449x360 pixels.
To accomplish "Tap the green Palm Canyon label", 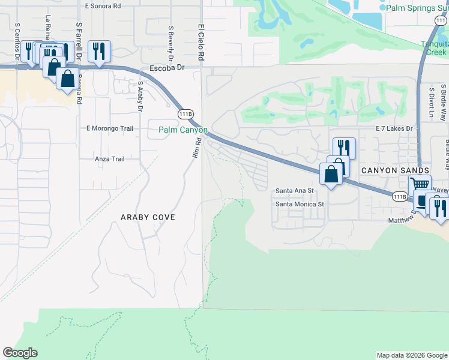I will coord(183,130).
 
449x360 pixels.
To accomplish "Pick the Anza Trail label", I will coord(109,159).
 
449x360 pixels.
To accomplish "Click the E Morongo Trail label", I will coord(110,128).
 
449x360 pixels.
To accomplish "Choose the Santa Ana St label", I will coord(295,191).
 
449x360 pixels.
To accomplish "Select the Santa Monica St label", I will coord(300,204).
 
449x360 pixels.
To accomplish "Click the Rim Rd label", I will coord(195,148).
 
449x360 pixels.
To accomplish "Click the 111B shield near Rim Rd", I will coord(185,113).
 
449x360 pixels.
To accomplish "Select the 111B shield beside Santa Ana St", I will coord(400,196).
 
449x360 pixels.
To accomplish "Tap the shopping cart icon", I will coord(421,185).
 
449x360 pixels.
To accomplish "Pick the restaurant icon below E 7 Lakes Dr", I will coord(344,148).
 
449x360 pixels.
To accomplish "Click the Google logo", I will coord(20,353).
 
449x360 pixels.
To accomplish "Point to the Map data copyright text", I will coord(411,355).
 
